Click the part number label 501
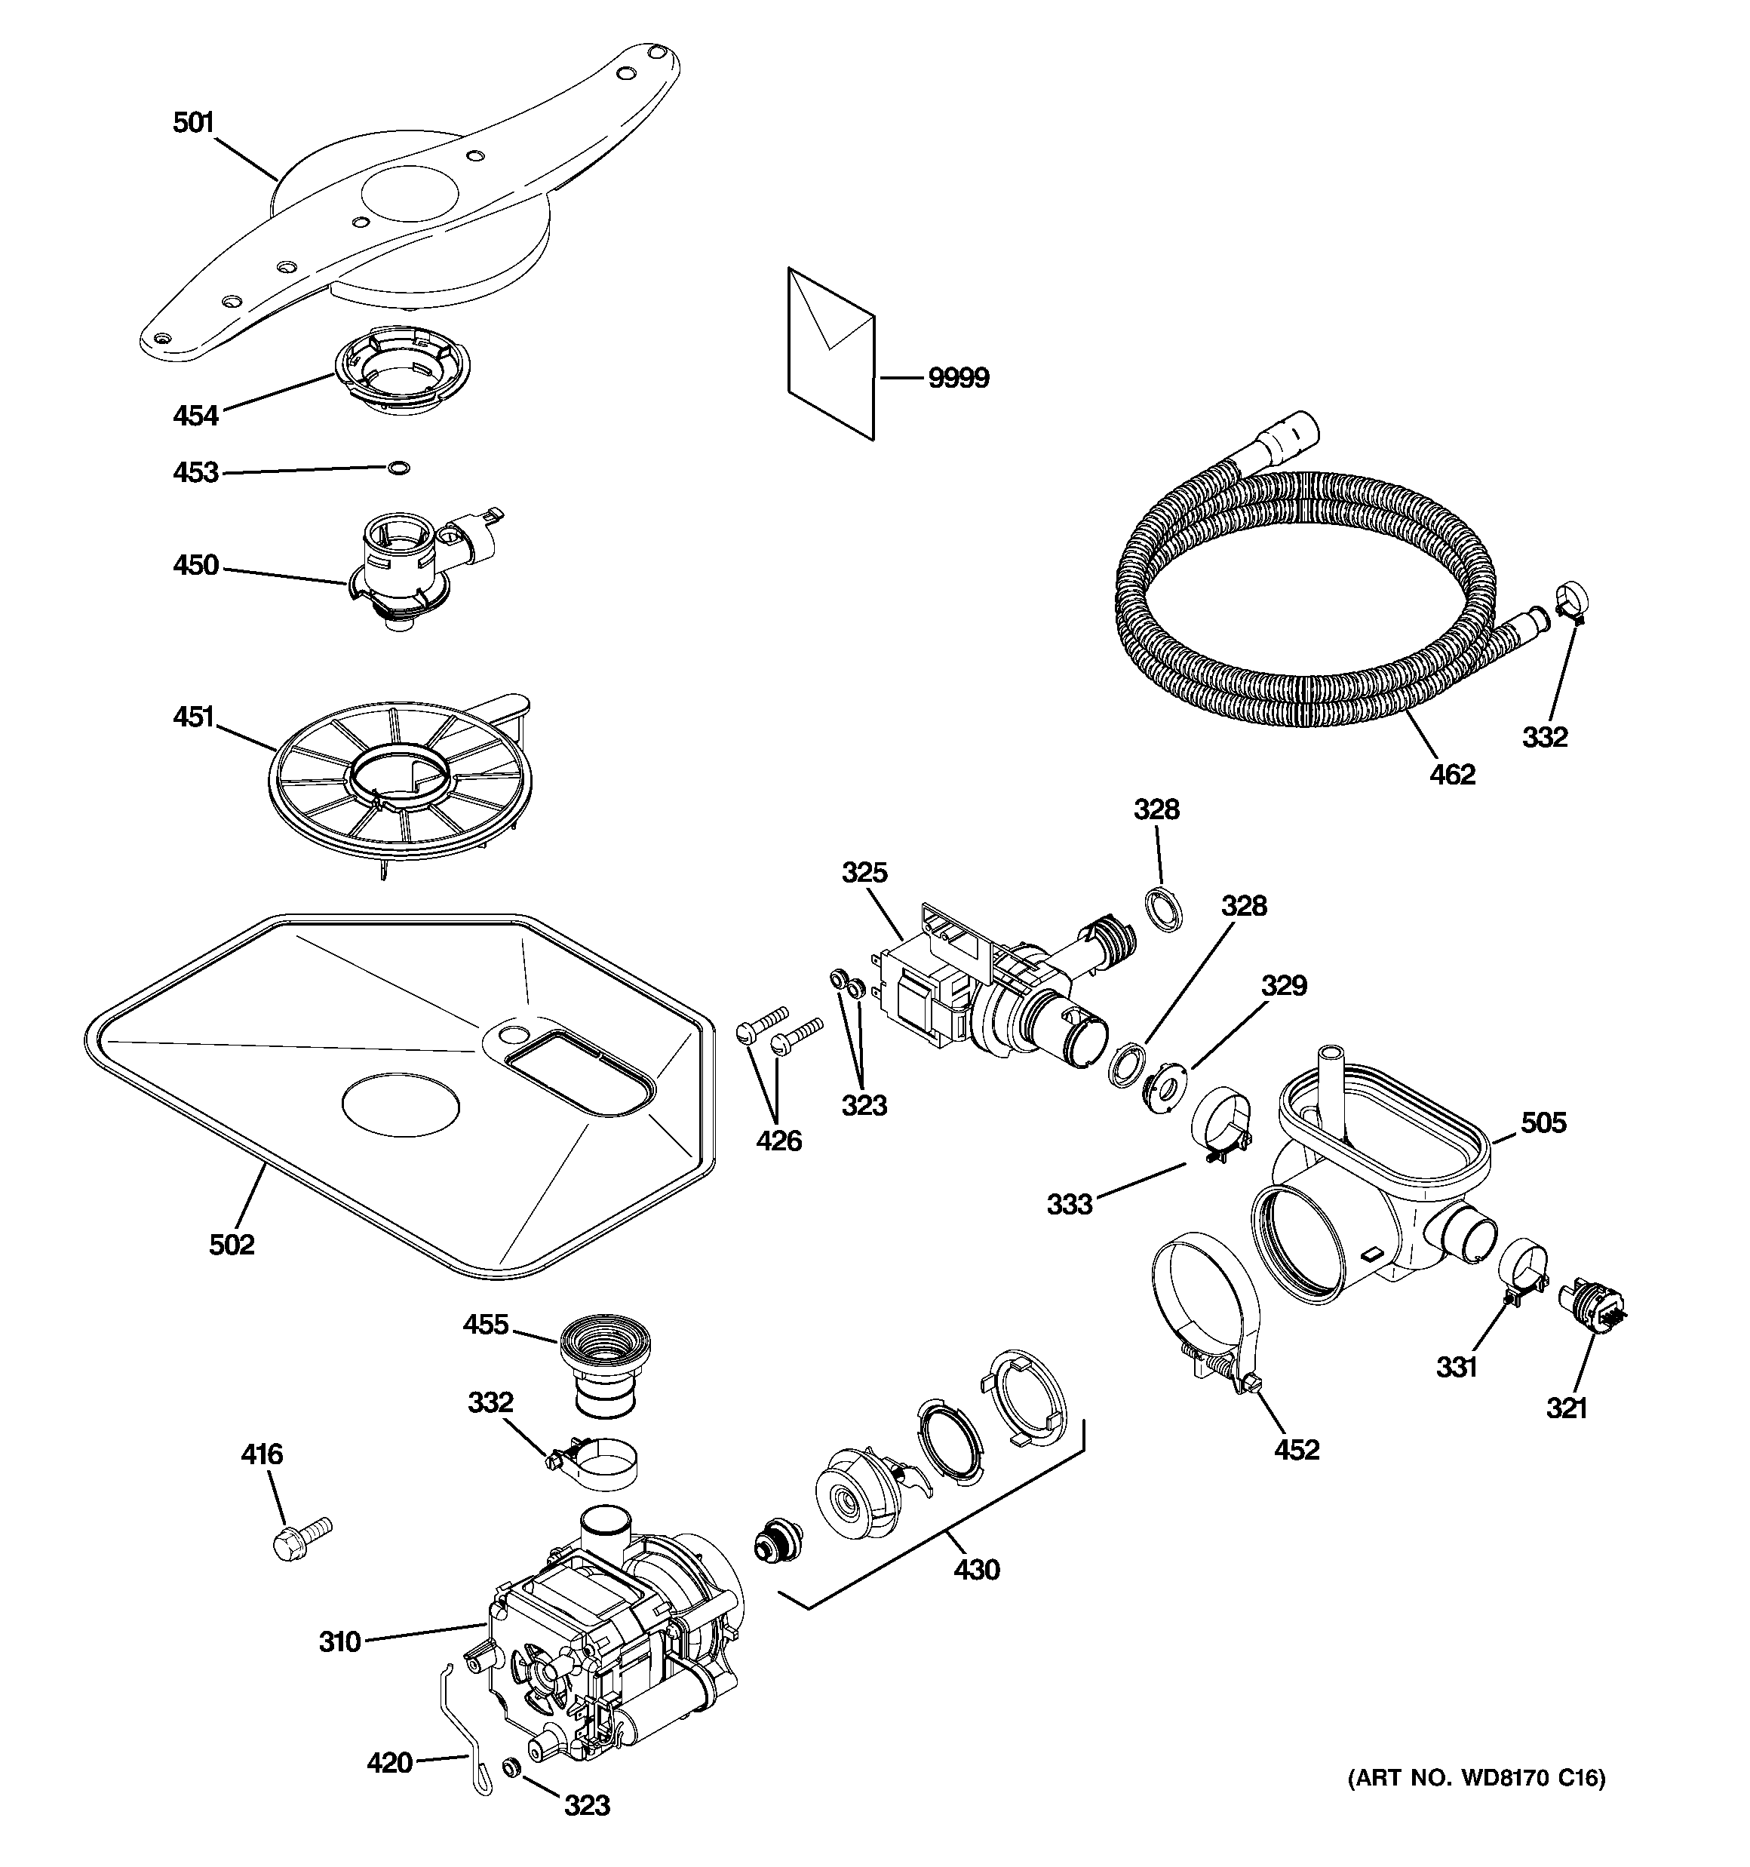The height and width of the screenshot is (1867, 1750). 194,123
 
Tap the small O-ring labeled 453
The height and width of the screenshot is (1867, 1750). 399,468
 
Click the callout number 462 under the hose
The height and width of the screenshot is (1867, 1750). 1452,774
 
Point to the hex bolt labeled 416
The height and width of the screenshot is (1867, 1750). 299,1537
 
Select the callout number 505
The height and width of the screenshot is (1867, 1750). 1543,1122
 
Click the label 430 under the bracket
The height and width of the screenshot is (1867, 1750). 977,1569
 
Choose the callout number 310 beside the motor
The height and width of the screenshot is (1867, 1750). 339,1641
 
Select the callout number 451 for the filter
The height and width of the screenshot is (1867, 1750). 195,717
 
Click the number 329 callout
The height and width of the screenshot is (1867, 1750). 1283,985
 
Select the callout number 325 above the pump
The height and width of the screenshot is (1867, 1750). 864,873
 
